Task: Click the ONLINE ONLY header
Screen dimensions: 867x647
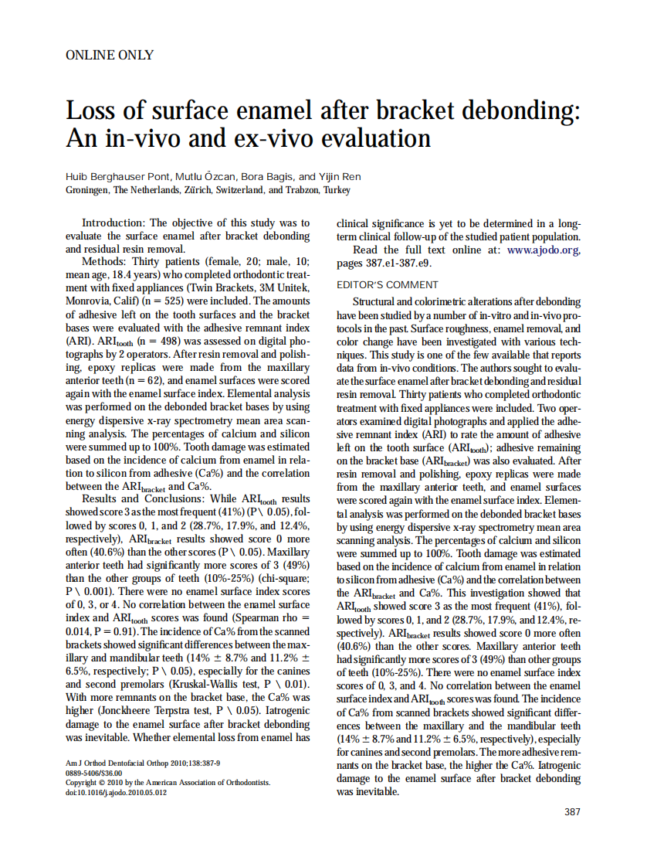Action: (x=109, y=55)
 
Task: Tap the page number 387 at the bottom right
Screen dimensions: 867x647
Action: (x=572, y=811)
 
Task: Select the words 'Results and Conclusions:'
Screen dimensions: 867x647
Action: (x=143, y=500)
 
